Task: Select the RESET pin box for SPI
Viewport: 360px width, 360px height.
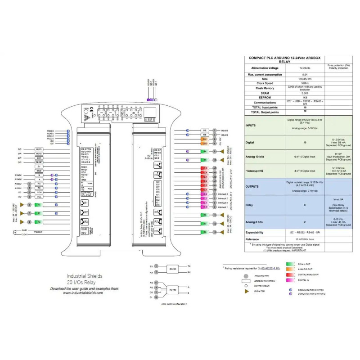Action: tap(39, 162)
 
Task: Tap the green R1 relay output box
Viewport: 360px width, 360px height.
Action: tap(39, 204)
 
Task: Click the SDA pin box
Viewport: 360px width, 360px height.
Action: tap(39, 193)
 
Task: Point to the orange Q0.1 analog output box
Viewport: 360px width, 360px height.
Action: tap(205, 139)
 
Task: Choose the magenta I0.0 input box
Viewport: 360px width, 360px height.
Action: tap(204, 207)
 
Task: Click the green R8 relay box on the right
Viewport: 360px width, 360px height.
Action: tap(204, 232)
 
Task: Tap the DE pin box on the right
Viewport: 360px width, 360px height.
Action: tap(204, 130)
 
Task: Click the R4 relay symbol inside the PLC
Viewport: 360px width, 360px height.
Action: tap(158, 165)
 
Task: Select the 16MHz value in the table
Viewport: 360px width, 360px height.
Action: tap(305, 83)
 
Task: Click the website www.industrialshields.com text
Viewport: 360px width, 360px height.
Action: tap(83, 292)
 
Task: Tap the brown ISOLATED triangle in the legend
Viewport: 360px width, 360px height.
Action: tap(246, 292)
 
